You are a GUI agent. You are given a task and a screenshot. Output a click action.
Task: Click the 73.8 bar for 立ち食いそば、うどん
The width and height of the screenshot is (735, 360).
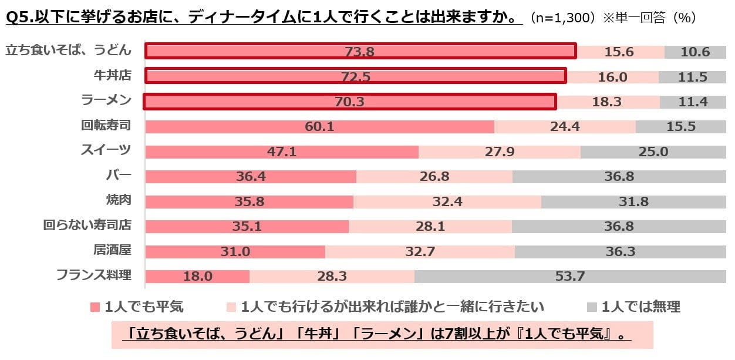coord(360,52)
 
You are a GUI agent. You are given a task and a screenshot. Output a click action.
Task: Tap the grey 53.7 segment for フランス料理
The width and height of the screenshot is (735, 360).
coord(570,276)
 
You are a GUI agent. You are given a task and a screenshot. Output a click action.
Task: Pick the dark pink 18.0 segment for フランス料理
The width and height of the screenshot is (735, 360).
coord(197,276)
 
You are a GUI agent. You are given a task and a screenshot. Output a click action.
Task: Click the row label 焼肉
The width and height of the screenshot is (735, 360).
coord(118,200)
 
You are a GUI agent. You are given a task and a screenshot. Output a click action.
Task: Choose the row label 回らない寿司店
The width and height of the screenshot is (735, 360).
coord(87,226)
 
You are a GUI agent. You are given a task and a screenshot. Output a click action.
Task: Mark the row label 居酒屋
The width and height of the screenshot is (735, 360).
coord(112,250)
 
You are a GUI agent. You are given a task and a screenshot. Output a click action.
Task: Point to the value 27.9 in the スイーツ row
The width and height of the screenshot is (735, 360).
coord(500,152)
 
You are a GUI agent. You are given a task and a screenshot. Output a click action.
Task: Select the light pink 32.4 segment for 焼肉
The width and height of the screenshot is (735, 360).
coord(447,201)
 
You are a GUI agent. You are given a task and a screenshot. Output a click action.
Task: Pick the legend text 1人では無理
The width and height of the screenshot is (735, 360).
coord(641,307)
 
